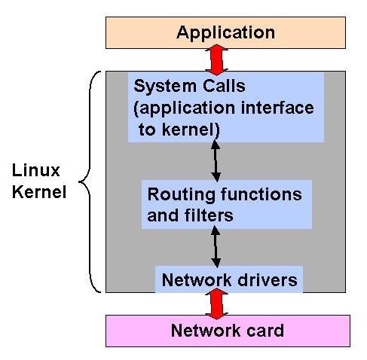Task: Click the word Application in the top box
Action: pos(225,33)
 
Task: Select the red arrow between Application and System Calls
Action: pos(216,59)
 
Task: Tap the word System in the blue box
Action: pos(165,87)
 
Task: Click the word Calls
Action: pos(224,86)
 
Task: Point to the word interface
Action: pos(277,108)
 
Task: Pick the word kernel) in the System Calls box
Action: pos(191,130)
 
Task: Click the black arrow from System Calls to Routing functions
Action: pos(216,161)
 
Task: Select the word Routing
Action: pos(182,195)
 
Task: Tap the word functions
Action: pos(261,194)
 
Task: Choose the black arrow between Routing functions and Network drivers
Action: pos(216,246)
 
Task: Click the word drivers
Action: pos(268,279)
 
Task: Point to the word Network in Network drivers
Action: pos(197,279)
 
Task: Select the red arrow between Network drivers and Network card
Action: pos(216,304)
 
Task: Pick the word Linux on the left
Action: pos(36,170)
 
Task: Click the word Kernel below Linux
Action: pos(39,192)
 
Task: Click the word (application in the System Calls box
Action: pos(185,108)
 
